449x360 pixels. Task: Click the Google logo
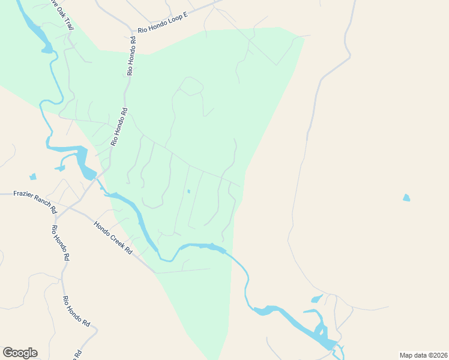(x=20, y=353)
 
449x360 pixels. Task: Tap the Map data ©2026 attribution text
(x=423, y=355)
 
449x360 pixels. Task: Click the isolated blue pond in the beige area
(x=406, y=197)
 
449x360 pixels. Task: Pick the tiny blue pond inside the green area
(x=188, y=191)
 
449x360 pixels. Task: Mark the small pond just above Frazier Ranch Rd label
(x=32, y=177)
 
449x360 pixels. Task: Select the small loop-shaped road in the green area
(x=191, y=86)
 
